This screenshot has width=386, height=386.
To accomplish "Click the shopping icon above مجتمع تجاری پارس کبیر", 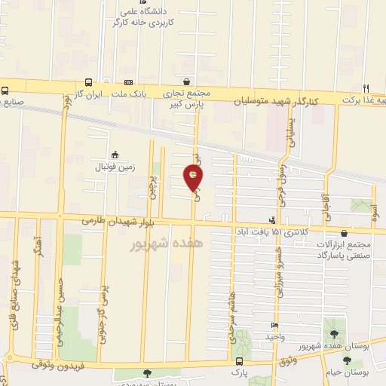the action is (187, 82).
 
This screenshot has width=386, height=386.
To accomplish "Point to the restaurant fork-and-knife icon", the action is (367, 87).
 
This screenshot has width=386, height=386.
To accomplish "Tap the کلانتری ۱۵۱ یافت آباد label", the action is (275, 232).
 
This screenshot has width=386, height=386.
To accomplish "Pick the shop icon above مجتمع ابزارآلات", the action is (345, 234).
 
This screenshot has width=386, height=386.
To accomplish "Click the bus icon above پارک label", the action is (240, 361).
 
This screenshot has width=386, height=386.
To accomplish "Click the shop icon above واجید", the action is (275, 326).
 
